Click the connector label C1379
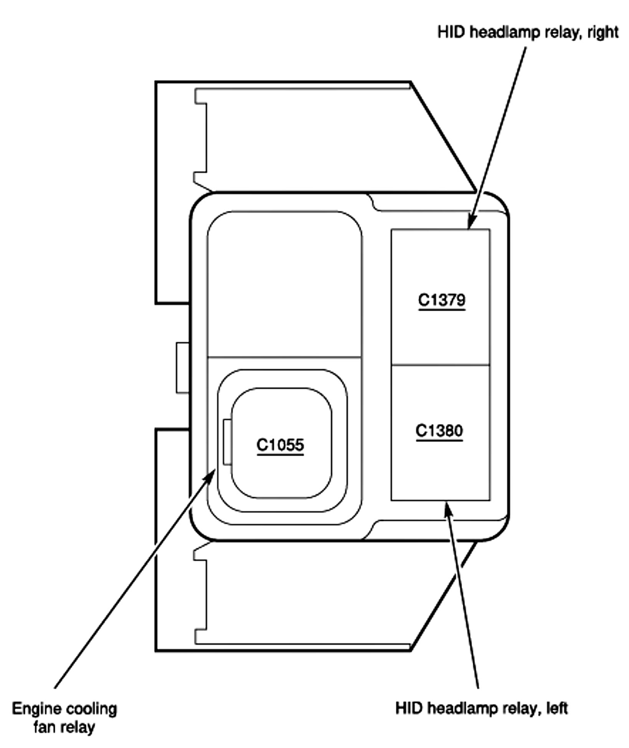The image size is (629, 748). point(442,300)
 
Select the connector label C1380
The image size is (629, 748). point(439,431)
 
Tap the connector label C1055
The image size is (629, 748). point(280,445)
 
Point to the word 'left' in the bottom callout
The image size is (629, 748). point(557,708)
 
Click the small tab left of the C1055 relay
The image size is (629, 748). point(227,442)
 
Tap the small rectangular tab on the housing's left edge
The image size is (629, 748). point(183,367)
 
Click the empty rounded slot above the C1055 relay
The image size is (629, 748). point(284,284)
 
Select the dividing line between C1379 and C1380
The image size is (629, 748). point(440,365)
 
